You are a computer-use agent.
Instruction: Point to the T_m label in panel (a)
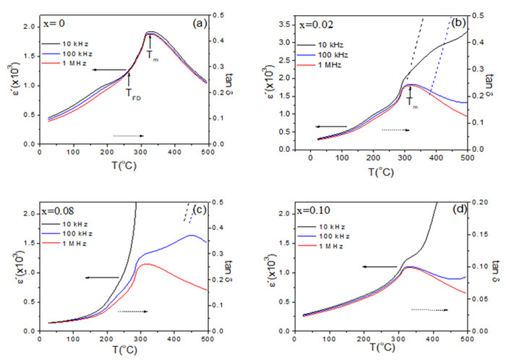(151, 53)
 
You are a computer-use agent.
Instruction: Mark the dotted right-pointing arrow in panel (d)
(429, 309)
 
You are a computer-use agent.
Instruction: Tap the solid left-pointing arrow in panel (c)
(103, 277)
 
